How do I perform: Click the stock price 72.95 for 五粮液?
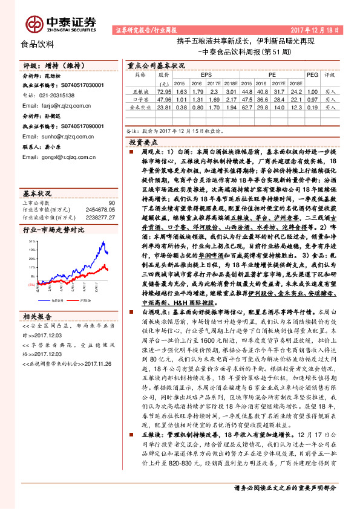(x=163, y=90)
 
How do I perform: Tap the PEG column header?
(x=312, y=75)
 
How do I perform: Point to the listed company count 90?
(x=111, y=203)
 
